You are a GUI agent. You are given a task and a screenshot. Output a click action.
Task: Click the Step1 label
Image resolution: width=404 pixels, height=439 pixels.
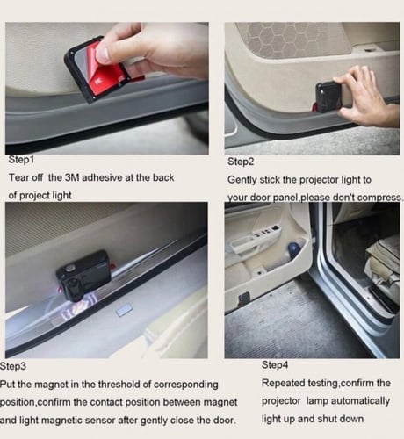(x=21, y=160)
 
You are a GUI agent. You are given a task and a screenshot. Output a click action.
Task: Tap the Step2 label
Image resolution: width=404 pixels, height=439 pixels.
(x=241, y=162)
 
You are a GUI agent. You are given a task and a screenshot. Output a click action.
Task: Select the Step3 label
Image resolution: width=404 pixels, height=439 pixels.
(x=13, y=366)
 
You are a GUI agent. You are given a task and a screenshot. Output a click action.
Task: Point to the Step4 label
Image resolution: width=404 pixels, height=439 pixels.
(x=275, y=365)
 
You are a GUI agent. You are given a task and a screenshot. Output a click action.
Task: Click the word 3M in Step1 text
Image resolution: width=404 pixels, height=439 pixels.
(x=72, y=177)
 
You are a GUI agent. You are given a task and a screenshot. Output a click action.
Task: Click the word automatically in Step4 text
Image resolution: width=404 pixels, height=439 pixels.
(x=348, y=401)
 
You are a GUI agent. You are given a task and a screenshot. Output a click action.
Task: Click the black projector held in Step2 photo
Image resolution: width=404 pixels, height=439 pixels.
(x=328, y=97)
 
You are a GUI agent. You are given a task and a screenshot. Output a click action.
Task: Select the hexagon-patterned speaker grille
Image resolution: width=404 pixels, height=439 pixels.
(x=292, y=40)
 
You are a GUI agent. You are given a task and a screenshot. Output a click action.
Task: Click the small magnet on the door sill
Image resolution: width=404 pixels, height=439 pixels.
(x=125, y=311)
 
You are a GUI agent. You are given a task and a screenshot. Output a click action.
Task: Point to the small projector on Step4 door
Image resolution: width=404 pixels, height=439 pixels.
(x=243, y=299)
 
